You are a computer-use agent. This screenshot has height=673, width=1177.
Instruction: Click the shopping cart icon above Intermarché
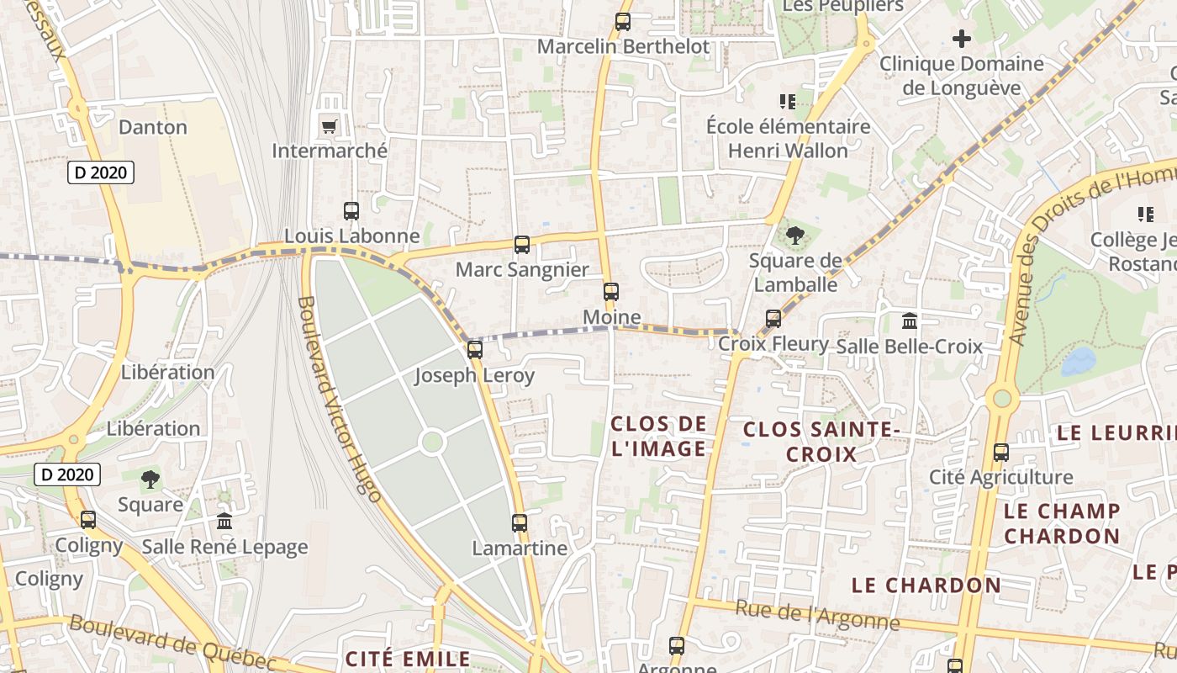coord(329,127)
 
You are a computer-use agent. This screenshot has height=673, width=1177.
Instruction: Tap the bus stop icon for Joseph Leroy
coord(475,350)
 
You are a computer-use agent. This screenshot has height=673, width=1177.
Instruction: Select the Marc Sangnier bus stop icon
coord(522,245)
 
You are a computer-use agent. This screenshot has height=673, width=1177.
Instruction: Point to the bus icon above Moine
coord(611,292)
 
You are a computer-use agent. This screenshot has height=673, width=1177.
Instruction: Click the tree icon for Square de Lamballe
coord(794,236)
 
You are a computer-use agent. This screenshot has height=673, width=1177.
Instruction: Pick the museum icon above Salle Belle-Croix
coord(910,321)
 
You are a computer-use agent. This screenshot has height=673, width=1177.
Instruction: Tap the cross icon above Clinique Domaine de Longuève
coord(962,38)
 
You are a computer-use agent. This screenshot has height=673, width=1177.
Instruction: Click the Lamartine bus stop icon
coord(520,523)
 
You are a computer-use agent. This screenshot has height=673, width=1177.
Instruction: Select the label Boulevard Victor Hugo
coord(340,399)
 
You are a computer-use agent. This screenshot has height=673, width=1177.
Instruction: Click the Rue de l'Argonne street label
coord(817,616)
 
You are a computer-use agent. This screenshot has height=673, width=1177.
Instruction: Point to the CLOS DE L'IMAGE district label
coord(658,436)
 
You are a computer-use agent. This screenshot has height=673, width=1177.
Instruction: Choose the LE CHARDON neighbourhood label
coord(926,585)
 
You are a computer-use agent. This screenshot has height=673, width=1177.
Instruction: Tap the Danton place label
coord(153,127)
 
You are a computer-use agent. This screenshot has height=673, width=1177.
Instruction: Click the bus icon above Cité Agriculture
coord(1000,453)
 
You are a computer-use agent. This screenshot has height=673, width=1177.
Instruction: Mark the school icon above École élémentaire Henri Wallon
coord(788,102)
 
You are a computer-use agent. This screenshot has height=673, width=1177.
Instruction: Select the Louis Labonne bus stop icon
coord(351,211)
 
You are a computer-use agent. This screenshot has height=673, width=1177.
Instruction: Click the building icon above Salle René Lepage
coord(224,522)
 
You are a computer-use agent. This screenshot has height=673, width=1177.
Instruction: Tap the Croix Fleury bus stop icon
coord(773,319)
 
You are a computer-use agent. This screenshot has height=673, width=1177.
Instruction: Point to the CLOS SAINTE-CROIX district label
coord(821,442)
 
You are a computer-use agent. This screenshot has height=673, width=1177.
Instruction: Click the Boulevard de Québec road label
coord(172,643)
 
